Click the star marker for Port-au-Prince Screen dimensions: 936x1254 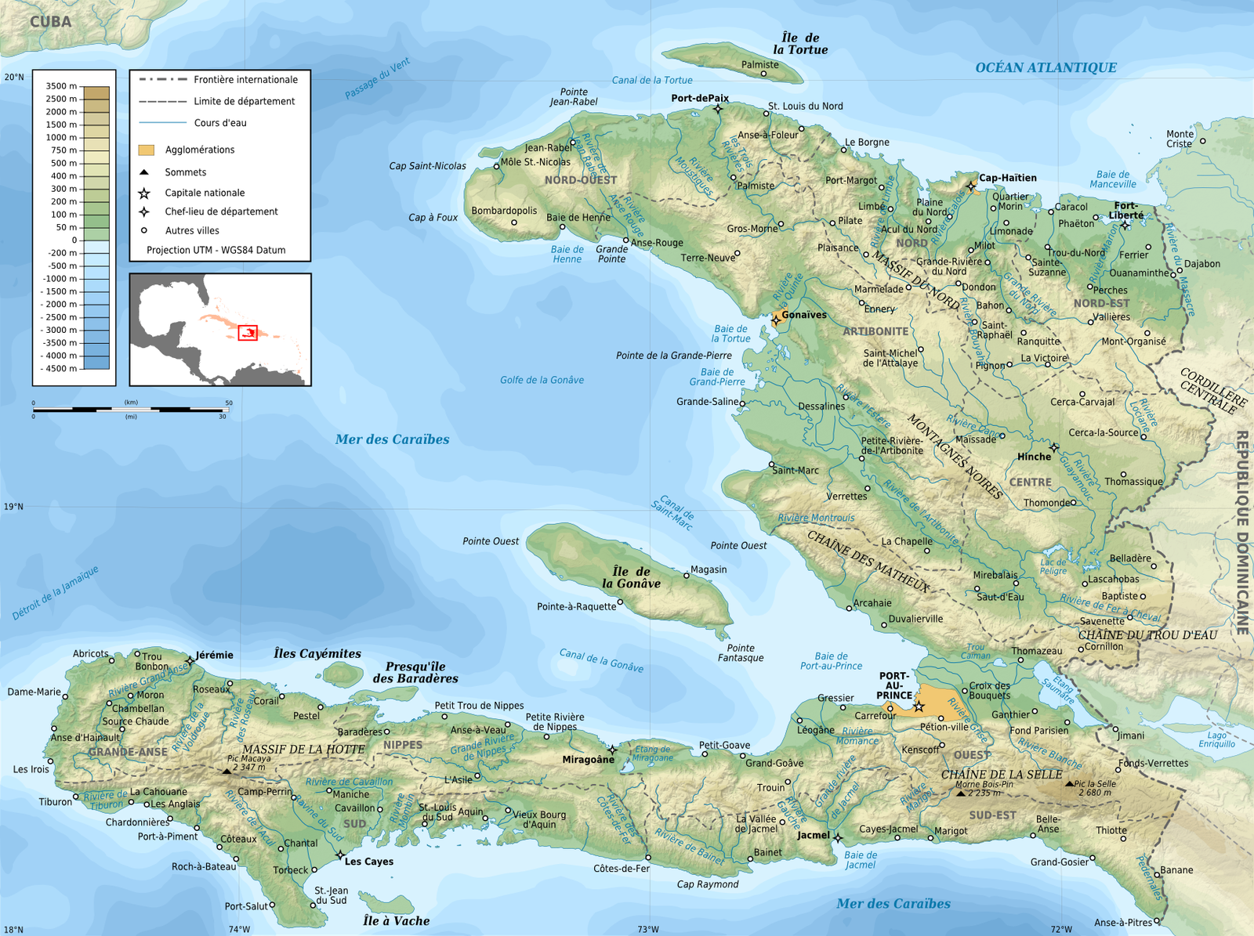point(919,707)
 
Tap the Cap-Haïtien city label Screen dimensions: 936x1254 point(1007,178)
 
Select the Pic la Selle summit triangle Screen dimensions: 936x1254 point(1070,783)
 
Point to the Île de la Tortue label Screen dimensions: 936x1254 point(800,44)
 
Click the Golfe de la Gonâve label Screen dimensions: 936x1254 point(542,380)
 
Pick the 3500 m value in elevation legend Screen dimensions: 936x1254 point(61,86)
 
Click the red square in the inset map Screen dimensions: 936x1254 point(248,333)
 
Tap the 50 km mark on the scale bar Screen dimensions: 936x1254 point(229,403)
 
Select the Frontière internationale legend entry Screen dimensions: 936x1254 point(245,80)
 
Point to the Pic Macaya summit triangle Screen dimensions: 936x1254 point(227,772)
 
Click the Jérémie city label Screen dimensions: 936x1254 point(214,655)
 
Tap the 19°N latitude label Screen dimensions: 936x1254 point(13,507)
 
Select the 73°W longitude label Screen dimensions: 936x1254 point(648,930)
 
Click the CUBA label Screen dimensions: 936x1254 point(51,22)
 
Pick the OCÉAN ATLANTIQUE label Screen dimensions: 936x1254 point(1046,67)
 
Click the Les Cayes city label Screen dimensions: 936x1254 point(369,862)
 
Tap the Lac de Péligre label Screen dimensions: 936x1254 point(1053,566)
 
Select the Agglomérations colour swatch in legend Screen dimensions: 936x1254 point(147,150)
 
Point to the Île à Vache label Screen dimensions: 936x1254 point(397,921)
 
